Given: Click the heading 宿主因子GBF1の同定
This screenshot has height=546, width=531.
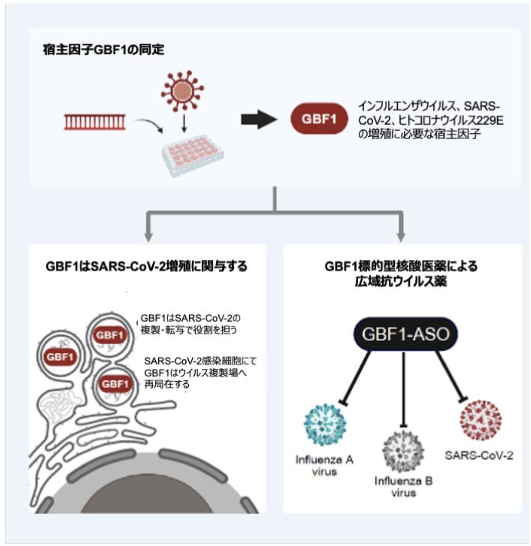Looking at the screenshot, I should point(103,50).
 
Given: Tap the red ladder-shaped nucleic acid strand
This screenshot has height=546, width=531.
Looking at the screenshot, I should point(95,122).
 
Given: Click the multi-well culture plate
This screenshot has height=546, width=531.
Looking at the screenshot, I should point(192,154).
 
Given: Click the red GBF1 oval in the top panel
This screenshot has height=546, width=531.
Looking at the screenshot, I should point(319,119).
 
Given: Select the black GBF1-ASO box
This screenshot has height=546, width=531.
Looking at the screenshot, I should point(405,334).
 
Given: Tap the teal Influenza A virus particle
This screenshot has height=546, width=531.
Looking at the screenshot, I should point(325,424).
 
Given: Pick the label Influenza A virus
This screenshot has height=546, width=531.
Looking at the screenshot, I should point(324,466).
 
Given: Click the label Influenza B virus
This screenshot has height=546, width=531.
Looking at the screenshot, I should point(403,487).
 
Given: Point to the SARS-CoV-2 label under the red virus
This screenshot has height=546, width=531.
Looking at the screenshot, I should point(479,455).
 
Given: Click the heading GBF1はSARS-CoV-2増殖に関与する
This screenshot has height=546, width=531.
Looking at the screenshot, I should point(147,266).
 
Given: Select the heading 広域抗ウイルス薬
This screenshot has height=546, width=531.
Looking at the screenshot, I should point(401,281).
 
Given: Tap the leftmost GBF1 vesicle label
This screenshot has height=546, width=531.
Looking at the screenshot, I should point(60,357).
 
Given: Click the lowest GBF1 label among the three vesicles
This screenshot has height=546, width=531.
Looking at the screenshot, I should point(115,384).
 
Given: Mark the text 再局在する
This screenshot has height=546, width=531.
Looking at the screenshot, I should point(167,384).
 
